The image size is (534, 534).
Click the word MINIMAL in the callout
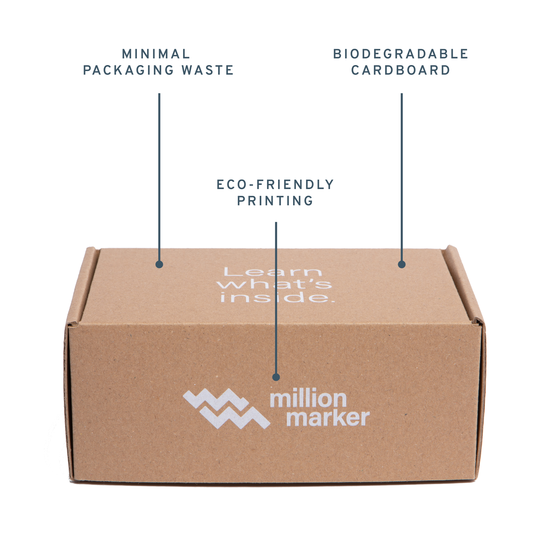pos(156,54)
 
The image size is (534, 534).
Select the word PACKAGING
pos(128,70)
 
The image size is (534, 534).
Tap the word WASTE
pos(207,70)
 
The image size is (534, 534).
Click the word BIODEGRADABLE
pos(400,54)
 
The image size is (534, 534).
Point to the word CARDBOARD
pos(401,70)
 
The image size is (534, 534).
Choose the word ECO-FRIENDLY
pos(275,185)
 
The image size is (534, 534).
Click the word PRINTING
pos(275,201)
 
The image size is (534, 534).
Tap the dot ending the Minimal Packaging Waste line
pos(159,264)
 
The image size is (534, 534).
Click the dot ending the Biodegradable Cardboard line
pos(402,264)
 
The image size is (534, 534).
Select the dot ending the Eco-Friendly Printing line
pos(276,377)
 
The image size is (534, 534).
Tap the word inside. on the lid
pos(277,297)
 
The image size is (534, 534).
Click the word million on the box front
pos(308,399)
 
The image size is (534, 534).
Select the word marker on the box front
pos(328,418)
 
